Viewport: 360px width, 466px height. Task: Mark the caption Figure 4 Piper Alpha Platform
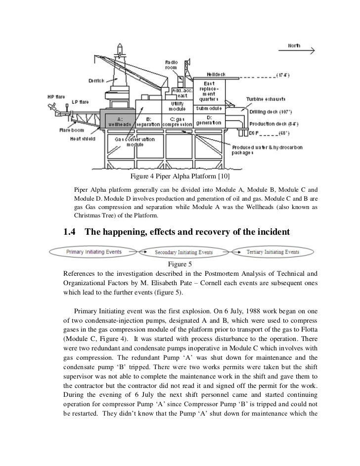click(x=180, y=176)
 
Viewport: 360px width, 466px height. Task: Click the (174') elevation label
click(x=286, y=76)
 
